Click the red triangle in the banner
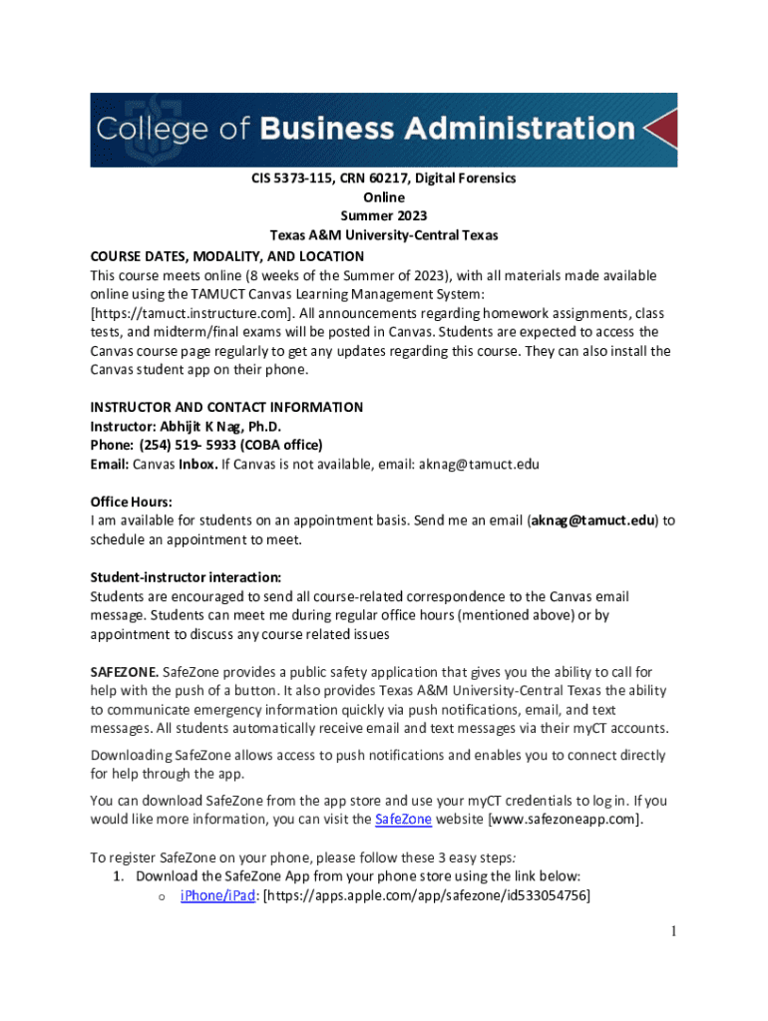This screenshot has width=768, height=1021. (x=661, y=130)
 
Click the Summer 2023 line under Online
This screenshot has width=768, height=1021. (x=384, y=216)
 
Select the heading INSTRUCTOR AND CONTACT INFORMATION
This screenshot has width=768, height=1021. (x=226, y=407)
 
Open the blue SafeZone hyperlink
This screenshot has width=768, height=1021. (x=403, y=820)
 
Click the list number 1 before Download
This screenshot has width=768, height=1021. (x=117, y=876)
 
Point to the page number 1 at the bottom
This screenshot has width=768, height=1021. (x=674, y=931)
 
